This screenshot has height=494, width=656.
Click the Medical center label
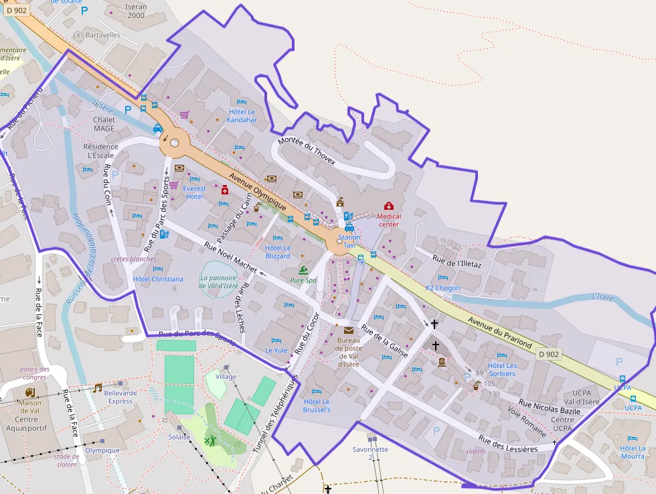(x=388, y=221)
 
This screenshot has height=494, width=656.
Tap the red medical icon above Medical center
(x=388, y=206)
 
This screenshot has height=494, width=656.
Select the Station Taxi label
(x=349, y=241)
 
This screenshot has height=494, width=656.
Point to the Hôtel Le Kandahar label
(x=242, y=116)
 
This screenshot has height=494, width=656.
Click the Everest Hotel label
(x=193, y=192)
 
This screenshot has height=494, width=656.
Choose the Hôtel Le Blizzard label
(x=278, y=252)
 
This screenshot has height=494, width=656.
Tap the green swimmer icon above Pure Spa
(x=303, y=269)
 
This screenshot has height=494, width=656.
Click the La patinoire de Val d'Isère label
(x=219, y=282)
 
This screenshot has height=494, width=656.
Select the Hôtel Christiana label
(x=158, y=279)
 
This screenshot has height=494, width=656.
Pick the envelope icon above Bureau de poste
(x=348, y=330)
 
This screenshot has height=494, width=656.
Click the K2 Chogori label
(x=443, y=288)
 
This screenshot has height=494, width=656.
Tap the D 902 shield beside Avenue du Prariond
(x=548, y=354)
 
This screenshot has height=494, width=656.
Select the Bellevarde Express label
(x=120, y=397)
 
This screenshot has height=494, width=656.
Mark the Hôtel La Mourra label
(x=633, y=452)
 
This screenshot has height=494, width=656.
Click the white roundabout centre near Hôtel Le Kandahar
(x=175, y=142)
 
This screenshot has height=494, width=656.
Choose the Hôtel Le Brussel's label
(x=317, y=405)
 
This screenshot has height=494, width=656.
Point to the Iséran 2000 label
(x=135, y=11)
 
